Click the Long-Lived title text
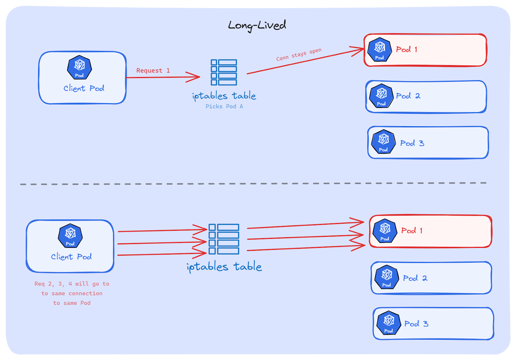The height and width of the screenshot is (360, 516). pos(257,25)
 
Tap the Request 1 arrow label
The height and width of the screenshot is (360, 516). pos(153,71)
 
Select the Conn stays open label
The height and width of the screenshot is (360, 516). pos(299,54)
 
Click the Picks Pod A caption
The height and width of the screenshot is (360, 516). pos(224,106)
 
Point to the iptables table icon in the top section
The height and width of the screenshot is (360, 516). pos(224,73)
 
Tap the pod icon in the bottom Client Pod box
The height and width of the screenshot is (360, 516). pos(70,236)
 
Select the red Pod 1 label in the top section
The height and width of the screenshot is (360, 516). pos(406,50)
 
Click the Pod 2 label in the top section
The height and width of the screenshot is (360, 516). pos(408,96)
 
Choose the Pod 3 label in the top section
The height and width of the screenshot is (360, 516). pos(412,143)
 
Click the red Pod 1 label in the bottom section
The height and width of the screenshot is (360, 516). pos(412,231)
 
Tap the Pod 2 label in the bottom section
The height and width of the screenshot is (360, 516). pos(415,278)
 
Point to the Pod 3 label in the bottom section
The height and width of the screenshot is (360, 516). pos(416,324)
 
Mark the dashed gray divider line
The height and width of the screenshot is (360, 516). pos(253,184)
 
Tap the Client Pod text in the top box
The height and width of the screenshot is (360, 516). pos(84,88)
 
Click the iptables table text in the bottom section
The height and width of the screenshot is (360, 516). pos(224,267)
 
